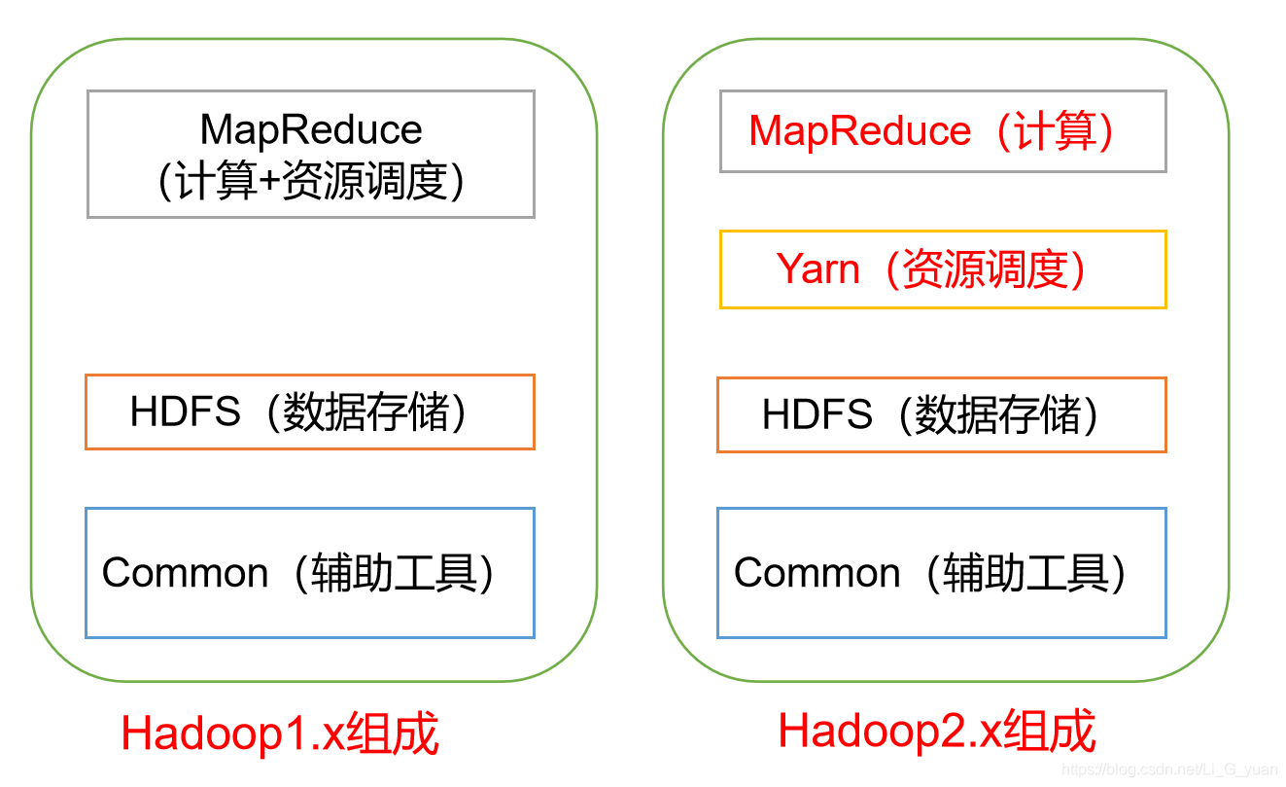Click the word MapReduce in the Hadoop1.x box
point(311,129)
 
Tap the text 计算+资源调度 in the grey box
point(311,181)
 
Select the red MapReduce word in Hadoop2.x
point(860,131)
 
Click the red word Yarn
point(818,269)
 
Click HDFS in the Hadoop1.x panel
point(185,412)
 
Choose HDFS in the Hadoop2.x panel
point(817,415)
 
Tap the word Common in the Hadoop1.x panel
point(185,573)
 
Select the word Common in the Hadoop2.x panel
point(817,573)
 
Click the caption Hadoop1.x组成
point(280,733)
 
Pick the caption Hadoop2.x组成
point(937,732)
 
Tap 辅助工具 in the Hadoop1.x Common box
point(395,573)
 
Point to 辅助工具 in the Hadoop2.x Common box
point(1026,573)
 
